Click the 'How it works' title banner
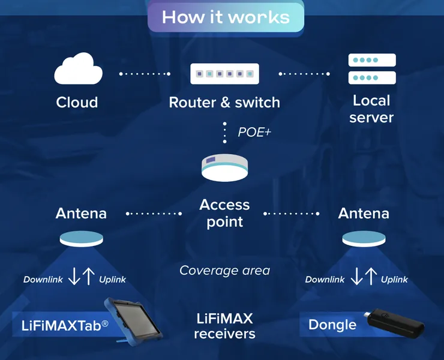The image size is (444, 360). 226,16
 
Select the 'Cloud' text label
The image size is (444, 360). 77,102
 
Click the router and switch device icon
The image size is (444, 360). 224,74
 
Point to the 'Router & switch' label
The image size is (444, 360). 224,102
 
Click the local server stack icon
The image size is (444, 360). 372,69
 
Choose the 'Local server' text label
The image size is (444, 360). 371,109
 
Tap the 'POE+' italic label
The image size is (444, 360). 254,132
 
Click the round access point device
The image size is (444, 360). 224,167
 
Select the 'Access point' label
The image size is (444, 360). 224,213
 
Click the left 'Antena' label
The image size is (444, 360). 81,213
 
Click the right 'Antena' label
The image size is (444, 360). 364,213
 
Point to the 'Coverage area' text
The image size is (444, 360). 224,271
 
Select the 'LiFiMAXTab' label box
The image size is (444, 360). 60,325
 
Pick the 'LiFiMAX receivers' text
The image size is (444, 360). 224,325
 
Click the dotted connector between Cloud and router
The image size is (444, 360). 145,74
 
